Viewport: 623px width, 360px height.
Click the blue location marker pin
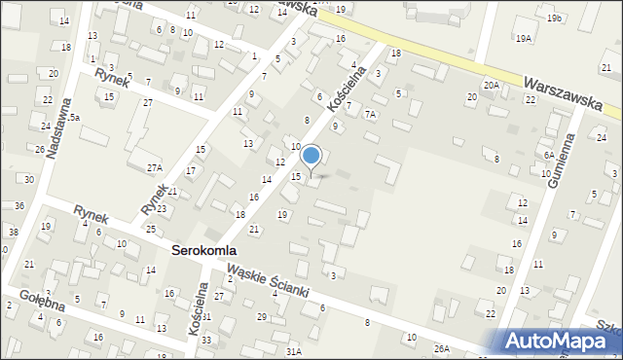(x=311, y=157)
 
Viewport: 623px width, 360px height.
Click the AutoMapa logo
(x=564, y=341)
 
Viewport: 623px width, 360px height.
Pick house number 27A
(x=155, y=167)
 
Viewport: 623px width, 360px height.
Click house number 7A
(x=370, y=114)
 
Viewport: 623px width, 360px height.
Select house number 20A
(x=492, y=86)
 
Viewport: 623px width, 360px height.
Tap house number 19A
(x=524, y=38)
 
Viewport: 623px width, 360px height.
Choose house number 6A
(x=549, y=155)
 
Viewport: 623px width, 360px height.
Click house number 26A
(x=442, y=348)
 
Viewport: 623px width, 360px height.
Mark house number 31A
(x=293, y=350)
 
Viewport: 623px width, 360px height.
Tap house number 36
(x=19, y=205)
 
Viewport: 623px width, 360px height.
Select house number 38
(x=14, y=232)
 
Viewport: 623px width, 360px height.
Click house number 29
(x=261, y=316)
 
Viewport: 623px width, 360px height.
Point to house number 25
(x=151, y=229)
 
